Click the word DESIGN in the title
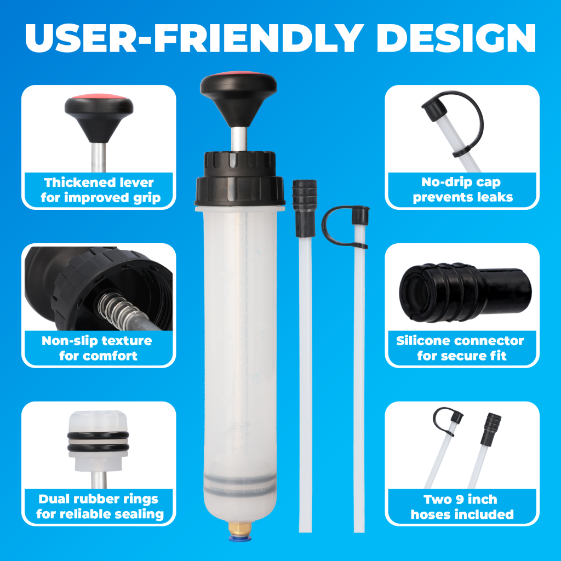pyautogui.click(x=456, y=39)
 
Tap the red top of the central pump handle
pyautogui.click(x=239, y=73)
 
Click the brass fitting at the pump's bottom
pyautogui.click(x=240, y=528)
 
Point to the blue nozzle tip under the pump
pyautogui.click(x=240, y=537)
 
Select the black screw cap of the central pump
pyautogui.click(x=239, y=179)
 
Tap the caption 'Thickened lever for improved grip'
pyautogui.click(x=100, y=190)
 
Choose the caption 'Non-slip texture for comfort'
pyautogui.click(x=98, y=348)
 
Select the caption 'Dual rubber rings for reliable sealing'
pyautogui.click(x=100, y=506)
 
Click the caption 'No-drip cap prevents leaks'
pyautogui.click(x=462, y=190)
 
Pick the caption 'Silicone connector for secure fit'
pyautogui.click(x=460, y=348)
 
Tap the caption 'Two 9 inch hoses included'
pyautogui.click(x=462, y=507)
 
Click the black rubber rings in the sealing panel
pyautogui.click(x=98, y=442)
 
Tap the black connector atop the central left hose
pyautogui.click(x=305, y=208)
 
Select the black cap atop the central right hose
pyautogui.click(x=360, y=216)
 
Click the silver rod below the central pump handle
pyautogui.click(x=239, y=139)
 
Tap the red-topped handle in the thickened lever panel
pyautogui.click(x=99, y=116)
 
